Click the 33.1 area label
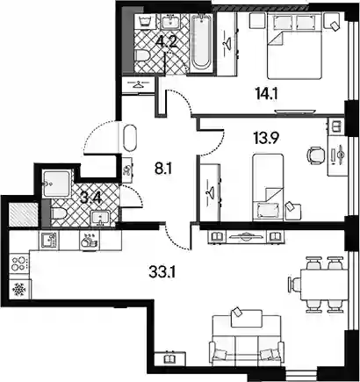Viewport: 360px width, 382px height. (162, 273)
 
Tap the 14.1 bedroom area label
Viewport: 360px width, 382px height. (266, 95)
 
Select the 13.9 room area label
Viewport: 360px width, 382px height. (264, 136)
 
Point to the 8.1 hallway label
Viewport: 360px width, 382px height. (162, 169)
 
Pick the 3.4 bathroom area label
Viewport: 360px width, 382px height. (90, 198)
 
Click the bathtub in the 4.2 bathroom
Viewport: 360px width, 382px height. (201, 41)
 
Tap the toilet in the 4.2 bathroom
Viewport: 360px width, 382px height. (143, 55)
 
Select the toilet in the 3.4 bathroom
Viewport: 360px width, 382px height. (58, 213)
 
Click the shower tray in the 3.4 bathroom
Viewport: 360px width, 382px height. (56, 184)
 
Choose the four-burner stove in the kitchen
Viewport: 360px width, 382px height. (19, 263)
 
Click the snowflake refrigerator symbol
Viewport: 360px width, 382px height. (19, 290)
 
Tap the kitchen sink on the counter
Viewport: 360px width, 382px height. (48, 240)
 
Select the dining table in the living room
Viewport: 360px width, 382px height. (323, 284)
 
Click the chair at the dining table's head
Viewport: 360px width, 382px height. (294, 285)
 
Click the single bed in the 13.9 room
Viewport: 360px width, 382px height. (268, 188)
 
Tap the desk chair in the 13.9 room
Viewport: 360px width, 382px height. (315, 155)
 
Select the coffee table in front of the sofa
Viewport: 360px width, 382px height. (247, 319)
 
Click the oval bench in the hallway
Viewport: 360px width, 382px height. (130, 138)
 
